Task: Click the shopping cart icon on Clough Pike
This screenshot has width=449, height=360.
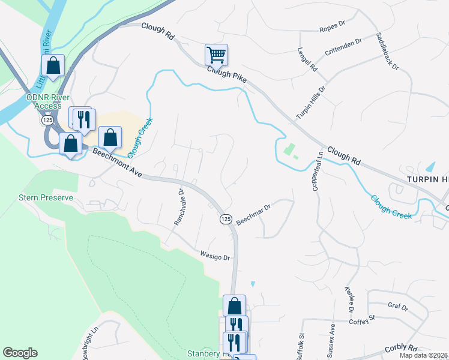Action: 216,55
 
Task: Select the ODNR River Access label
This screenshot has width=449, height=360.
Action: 48,102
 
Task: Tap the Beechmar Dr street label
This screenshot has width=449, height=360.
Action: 254,213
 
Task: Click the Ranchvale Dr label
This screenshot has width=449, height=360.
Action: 178,207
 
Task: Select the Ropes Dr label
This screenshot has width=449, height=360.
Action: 333,29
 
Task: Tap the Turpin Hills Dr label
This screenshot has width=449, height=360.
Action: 310,102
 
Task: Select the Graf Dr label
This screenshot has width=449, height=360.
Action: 397,307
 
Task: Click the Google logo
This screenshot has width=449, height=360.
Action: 20,353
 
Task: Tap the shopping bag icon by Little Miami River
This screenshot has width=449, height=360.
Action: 53,65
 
